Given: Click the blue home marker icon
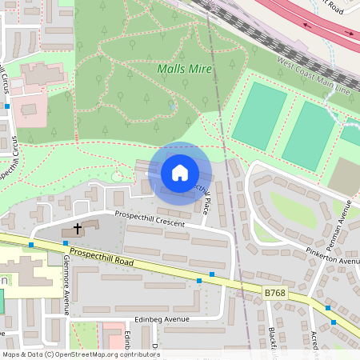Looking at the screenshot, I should pos(180,173).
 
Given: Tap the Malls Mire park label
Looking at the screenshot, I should pos(184,70).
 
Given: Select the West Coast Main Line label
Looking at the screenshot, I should pos(314,77).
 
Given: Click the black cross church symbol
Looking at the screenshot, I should pos(78,229).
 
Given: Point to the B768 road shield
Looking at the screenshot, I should pos(274,294).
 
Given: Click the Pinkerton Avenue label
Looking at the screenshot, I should pos(332,256).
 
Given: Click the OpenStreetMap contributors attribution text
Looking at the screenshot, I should pos(80,354).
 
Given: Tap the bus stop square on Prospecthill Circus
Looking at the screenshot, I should pos(7,106).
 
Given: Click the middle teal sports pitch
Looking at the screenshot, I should pos(308,134).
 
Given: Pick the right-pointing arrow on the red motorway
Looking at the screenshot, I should pos(348,34).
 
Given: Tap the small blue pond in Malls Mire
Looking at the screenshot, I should pos(173,106).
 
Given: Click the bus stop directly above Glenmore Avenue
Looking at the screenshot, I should pos(65,242).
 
